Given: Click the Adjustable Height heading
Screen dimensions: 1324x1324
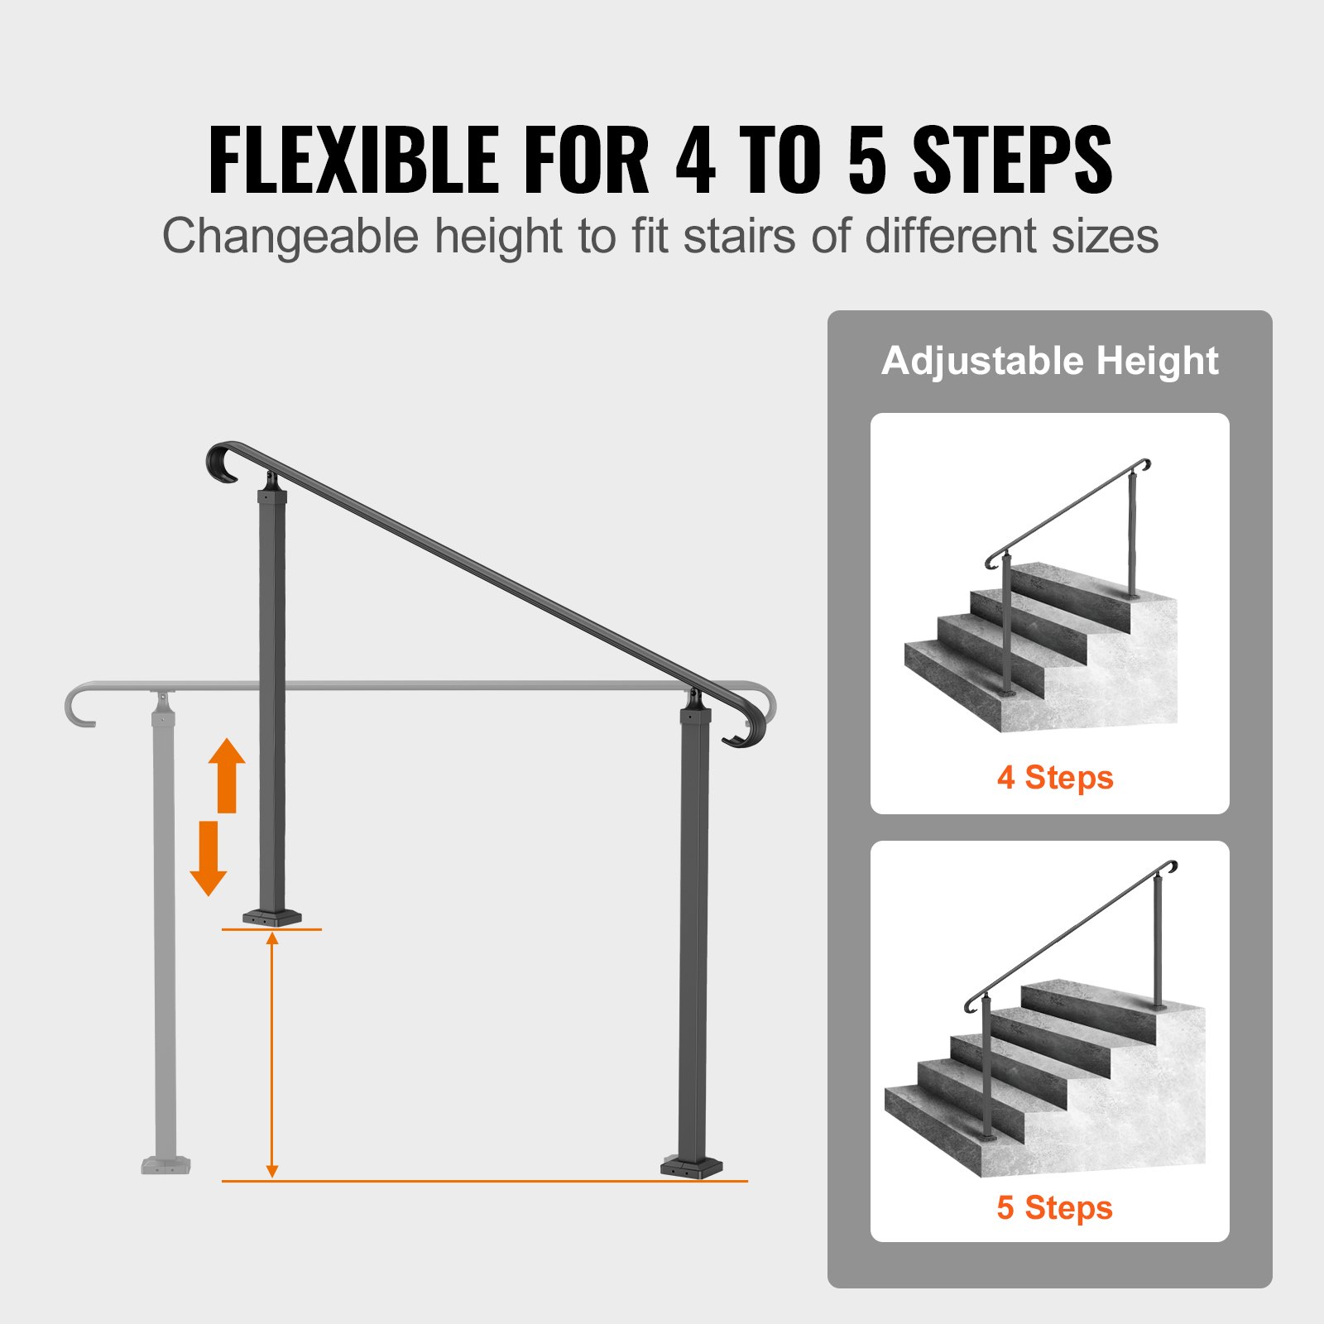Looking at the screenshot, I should pyautogui.click(x=1049, y=361).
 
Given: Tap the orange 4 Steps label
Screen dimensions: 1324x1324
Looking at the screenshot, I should pyautogui.click(x=1055, y=778).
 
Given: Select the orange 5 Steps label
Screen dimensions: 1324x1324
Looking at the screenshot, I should pyautogui.click(x=1054, y=1208).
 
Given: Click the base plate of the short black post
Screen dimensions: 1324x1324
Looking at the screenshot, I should pyautogui.click(x=272, y=917).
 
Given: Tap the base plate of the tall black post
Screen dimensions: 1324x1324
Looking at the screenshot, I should pyautogui.click(x=692, y=1167).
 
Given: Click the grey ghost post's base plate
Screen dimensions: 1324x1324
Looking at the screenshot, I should pyautogui.click(x=165, y=1165).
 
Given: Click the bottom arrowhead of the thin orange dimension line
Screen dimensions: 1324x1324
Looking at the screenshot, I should pyautogui.click(x=272, y=1171).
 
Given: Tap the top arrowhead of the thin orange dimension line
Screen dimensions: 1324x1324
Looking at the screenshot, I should pyautogui.click(x=272, y=938).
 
